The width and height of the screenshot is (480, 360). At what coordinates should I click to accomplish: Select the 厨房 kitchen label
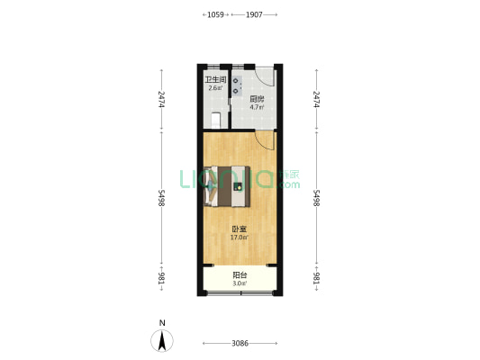click(x=257, y=99)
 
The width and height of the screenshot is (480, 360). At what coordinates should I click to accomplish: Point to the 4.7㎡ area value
click(x=257, y=108)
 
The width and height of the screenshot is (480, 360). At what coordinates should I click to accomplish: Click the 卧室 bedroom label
click(x=239, y=229)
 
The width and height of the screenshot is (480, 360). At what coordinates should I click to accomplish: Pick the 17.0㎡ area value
click(x=239, y=238)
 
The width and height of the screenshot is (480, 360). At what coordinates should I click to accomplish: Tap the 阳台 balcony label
click(x=240, y=275)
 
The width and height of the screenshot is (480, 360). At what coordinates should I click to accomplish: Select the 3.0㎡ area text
click(x=240, y=284)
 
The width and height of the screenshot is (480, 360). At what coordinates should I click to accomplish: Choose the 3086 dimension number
click(x=240, y=344)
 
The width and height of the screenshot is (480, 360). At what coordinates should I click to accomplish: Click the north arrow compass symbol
click(x=162, y=341)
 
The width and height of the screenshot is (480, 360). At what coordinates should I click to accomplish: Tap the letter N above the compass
click(x=162, y=323)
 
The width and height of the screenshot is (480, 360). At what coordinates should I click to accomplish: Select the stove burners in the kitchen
click(x=235, y=86)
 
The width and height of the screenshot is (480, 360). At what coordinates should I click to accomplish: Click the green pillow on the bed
click(x=239, y=187)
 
